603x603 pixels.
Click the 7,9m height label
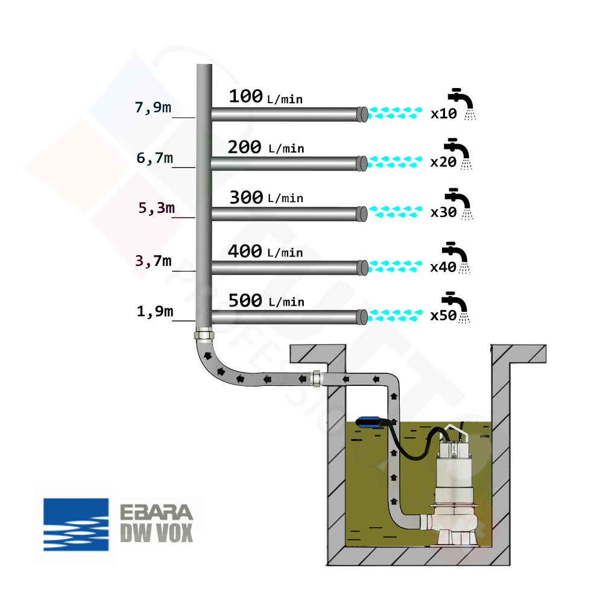pos(153,108)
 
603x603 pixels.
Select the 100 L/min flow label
pos(265,96)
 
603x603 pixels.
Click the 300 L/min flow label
pos(265,197)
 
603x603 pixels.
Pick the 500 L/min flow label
pos(265,301)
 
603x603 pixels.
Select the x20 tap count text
pos(443,162)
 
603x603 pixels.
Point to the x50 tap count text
pos(443,315)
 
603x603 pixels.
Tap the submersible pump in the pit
pos(457,482)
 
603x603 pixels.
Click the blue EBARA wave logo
pos(76,525)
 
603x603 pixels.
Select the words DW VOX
pos(156,532)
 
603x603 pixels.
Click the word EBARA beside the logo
pos(156,513)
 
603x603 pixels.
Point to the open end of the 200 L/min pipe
pos(362,163)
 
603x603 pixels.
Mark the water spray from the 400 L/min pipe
pos(395,265)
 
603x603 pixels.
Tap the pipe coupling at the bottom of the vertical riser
pos(203,335)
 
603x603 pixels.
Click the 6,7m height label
pos(154,159)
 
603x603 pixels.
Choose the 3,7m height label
pos(153,261)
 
